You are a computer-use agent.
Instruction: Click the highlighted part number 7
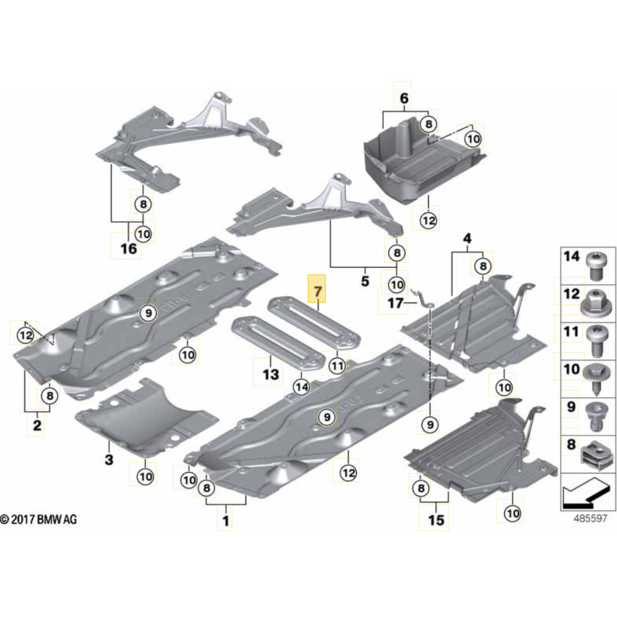pos(317,293)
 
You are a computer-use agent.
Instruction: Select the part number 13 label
pos(270,373)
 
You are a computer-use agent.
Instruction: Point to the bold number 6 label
pos(403,98)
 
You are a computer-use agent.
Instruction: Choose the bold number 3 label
pos(109,459)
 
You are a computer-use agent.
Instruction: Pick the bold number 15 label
pos(435,520)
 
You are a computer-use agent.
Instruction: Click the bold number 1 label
pos(224,522)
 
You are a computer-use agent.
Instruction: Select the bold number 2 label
pos(36,425)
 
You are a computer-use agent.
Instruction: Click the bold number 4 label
pos(467,239)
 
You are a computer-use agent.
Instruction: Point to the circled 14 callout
pos(301,386)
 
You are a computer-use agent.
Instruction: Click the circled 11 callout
pos(337,366)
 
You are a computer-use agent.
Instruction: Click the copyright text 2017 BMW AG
pos(38,520)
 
